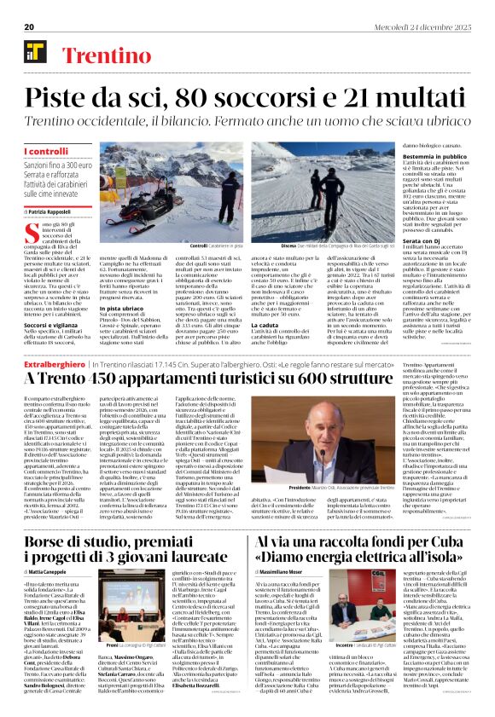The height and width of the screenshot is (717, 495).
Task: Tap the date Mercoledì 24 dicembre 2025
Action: (431, 26)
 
